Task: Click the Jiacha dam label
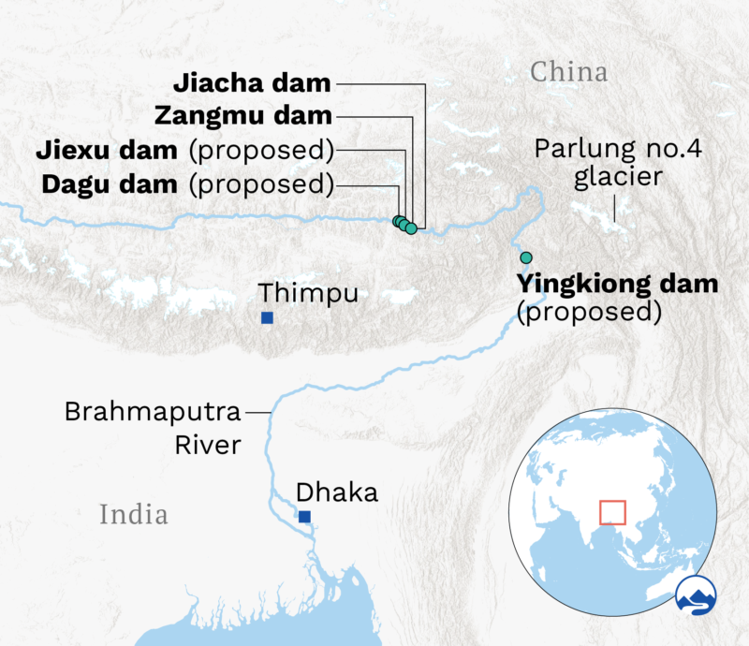pyautogui.click(x=252, y=83)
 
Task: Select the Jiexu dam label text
pyautogui.click(x=106, y=150)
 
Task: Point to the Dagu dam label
pyautogui.click(x=109, y=184)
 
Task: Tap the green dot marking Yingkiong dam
pyautogui.click(x=526, y=257)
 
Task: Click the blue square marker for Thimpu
pyautogui.click(x=267, y=318)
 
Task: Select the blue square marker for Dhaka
pyautogui.click(x=303, y=516)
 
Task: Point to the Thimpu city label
pyautogui.click(x=308, y=293)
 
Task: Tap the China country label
pyautogui.click(x=569, y=71)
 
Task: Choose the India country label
pyautogui.click(x=134, y=514)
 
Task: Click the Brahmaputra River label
pyautogui.click(x=153, y=427)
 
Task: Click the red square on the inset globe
pyautogui.click(x=612, y=512)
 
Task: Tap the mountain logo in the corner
pyautogui.click(x=696, y=597)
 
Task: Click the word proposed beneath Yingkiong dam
pyautogui.click(x=589, y=312)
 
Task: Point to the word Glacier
pyautogui.click(x=611, y=178)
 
